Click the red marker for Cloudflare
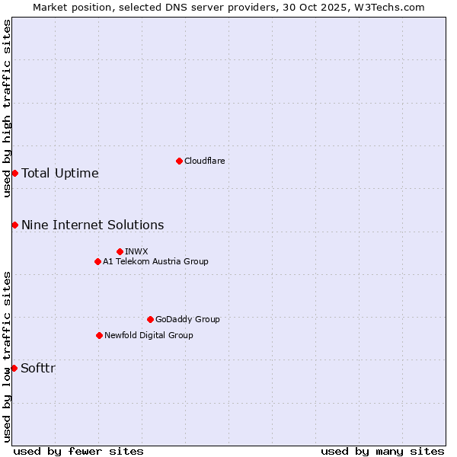click(179, 161)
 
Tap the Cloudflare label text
click(204, 161)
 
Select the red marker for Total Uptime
click(14, 173)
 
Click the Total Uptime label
click(60, 174)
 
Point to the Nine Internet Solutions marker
click(14, 225)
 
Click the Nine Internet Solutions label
click(92, 225)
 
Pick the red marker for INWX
click(120, 251)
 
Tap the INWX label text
click(136, 251)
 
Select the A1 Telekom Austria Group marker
click(97, 261)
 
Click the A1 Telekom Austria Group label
click(155, 261)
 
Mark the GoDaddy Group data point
click(150, 319)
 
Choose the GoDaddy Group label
click(187, 319)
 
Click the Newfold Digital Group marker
click(99, 335)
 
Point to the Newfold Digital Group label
click(149, 335)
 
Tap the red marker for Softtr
click(14, 368)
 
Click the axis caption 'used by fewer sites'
click(78, 451)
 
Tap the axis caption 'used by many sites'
click(382, 451)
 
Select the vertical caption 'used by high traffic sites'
click(7, 108)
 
